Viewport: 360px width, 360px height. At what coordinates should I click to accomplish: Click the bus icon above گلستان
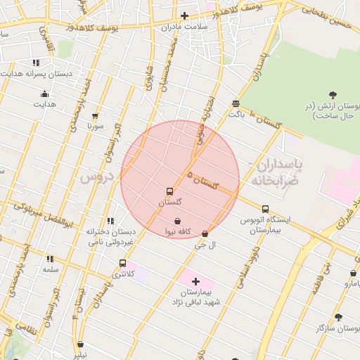click(169, 191)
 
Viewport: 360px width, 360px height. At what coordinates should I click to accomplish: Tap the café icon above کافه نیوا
click(177, 221)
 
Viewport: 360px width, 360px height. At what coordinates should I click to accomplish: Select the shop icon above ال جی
click(205, 234)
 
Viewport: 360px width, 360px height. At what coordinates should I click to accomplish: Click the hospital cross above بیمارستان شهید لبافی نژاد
click(195, 281)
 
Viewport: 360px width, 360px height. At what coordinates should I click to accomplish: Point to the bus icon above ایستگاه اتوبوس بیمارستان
click(265, 209)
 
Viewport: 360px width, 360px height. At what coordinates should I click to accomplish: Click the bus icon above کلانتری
click(123, 264)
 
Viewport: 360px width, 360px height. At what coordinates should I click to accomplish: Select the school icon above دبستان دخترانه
click(110, 221)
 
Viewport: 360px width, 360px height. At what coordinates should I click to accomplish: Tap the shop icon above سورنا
click(96, 117)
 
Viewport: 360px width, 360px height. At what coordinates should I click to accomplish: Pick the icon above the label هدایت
click(45, 94)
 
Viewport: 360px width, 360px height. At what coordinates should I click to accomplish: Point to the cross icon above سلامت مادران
click(184, 15)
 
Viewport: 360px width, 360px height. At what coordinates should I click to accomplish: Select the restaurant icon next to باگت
click(236, 103)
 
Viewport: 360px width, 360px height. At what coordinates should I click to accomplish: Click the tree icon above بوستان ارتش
click(333, 95)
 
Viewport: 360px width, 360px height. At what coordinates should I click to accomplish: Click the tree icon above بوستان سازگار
click(339, 318)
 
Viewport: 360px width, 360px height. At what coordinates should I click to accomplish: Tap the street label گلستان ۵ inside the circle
click(203, 182)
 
